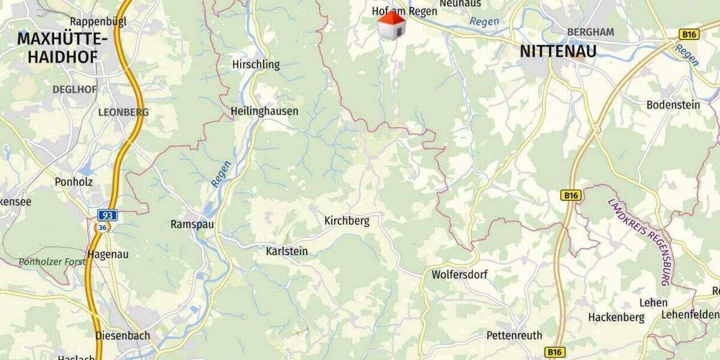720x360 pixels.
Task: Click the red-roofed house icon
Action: [391, 25]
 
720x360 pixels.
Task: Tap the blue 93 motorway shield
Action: [108, 215]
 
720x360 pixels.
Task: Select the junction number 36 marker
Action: [103, 227]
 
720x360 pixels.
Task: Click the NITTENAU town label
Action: [558, 52]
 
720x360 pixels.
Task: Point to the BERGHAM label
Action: [590, 32]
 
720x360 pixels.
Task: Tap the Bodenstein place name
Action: [673, 105]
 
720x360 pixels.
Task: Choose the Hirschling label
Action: [256, 65]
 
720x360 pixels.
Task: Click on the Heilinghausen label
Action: [264, 112]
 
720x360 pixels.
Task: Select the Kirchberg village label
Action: [347, 221]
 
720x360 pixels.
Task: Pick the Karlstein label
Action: [287, 251]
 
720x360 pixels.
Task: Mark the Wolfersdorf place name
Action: [460, 275]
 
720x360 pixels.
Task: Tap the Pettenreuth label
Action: [514, 335]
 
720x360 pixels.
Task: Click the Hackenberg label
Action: [616, 317]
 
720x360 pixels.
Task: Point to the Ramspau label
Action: [192, 224]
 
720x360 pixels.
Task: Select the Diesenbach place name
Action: [122, 336]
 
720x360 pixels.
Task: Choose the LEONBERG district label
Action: [123, 112]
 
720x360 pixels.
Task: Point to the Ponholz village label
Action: [74, 181]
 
